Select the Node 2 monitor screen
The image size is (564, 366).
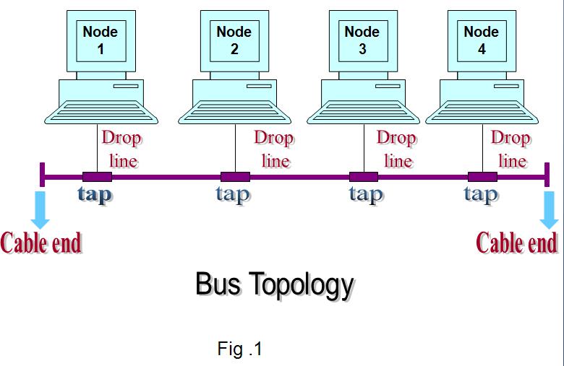coord(234,40)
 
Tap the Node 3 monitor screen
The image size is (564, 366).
coord(362,40)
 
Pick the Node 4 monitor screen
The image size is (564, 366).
coord(482,40)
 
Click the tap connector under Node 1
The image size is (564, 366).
coord(97,177)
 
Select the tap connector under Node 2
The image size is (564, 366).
coord(235,177)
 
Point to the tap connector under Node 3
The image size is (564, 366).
coord(363,177)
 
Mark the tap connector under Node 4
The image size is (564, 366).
coord(482,177)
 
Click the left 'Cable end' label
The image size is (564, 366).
coord(41,243)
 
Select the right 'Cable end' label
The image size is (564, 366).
coord(516,243)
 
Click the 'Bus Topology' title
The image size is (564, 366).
coord(275,285)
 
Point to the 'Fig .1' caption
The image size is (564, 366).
coord(239,349)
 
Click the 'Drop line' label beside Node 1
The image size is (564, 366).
coord(121,149)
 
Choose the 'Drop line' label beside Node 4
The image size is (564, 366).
coord(510,149)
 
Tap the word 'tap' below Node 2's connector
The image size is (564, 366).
coord(232,194)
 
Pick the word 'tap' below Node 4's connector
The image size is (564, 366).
coord(480,194)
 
